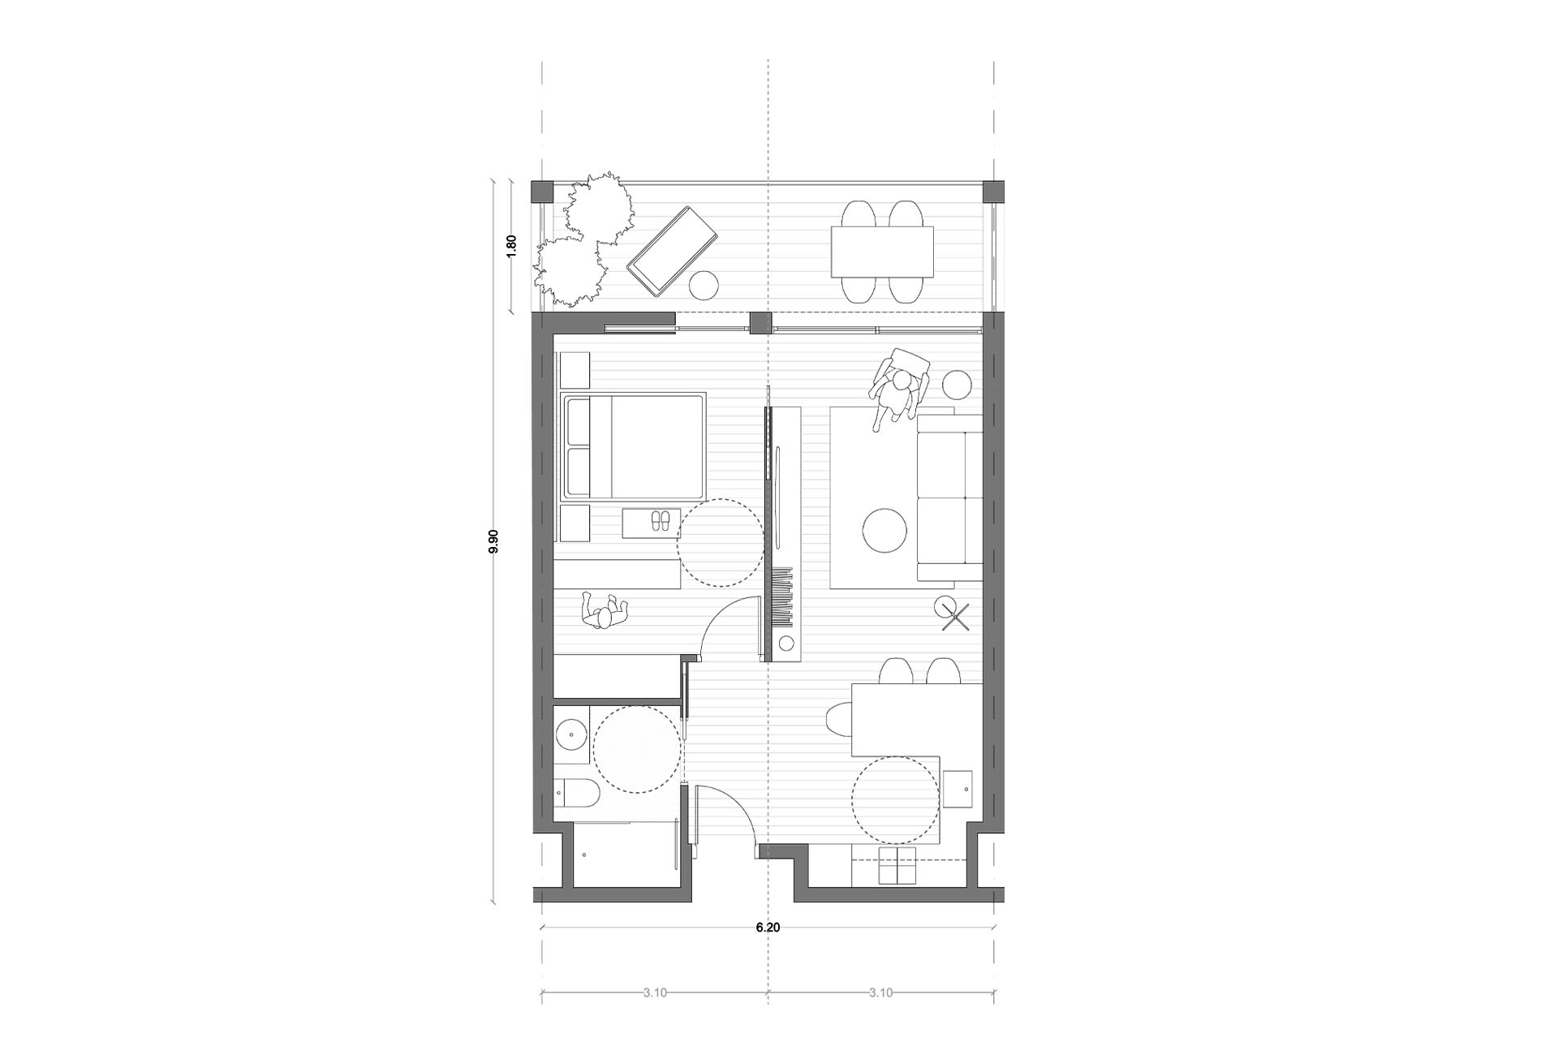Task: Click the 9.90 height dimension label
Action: pos(493,541)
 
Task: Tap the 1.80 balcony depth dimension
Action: pos(511,246)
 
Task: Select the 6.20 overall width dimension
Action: pos(768,927)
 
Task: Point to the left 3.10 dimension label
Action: pos(655,992)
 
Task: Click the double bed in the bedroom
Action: pos(633,446)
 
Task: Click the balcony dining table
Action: pos(882,252)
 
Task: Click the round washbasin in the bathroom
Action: pos(574,736)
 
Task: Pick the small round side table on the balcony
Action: pos(704,286)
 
